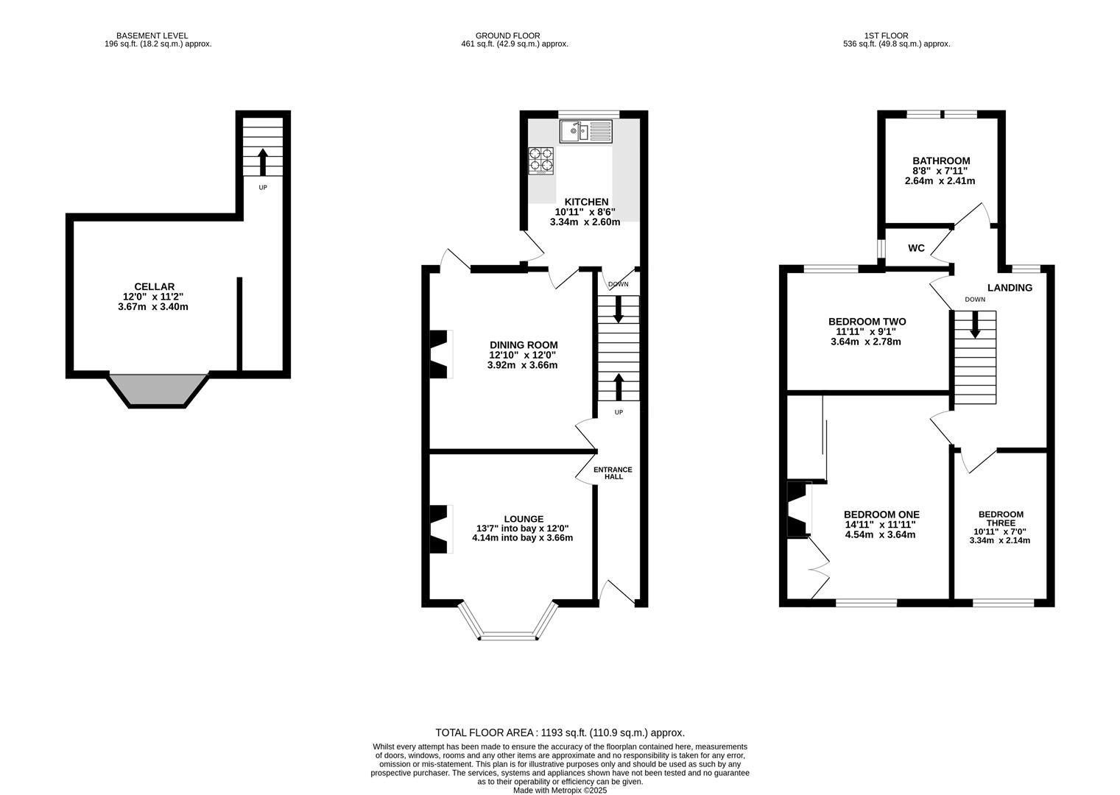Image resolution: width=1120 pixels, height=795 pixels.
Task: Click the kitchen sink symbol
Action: (x=586, y=132)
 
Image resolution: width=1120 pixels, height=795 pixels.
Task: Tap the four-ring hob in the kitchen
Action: (x=541, y=161)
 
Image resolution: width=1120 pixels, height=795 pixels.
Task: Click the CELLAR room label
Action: (x=155, y=287)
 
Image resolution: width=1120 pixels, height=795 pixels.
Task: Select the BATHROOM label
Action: (x=941, y=161)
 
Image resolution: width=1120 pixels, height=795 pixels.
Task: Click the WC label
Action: (x=917, y=248)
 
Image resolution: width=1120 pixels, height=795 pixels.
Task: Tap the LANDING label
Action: (x=1010, y=288)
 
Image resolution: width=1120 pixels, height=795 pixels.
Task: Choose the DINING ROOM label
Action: (x=524, y=344)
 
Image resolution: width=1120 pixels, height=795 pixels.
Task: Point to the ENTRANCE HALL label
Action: (x=613, y=473)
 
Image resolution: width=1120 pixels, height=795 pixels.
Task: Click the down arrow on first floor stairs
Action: (x=975, y=325)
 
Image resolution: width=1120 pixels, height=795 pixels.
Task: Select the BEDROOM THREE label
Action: (x=1001, y=518)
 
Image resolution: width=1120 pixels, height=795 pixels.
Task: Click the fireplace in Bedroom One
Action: (x=799, y=509)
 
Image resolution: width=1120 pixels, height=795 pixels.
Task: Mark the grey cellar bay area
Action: (x=158, y=389)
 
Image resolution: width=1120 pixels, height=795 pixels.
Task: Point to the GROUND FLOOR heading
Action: (x=507, y=36)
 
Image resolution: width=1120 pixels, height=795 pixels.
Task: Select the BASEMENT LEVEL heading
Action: (x=152, y=36)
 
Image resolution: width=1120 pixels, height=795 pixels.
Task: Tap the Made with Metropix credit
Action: (x=560, y=791)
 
